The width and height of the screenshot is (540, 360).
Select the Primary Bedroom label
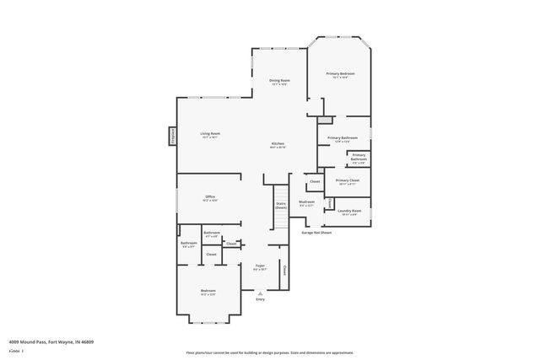click(340, 74)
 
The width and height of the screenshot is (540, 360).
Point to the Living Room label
click(210, 134)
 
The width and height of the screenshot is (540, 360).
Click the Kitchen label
click(278, 144)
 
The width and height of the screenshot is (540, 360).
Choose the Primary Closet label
click(347, 180)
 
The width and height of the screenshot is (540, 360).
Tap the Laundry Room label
click(349, 211)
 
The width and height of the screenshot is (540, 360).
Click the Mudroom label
click(306, 202)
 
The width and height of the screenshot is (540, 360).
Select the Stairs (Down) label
click(281, 205)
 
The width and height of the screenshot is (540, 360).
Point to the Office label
click(210, 197)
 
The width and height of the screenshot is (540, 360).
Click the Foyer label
click(260, 266)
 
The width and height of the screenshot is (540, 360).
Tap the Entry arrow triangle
click(260, 293)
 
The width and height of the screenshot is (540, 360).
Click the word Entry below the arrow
click(260, 299)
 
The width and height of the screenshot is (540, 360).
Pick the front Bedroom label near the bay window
click(208, 291)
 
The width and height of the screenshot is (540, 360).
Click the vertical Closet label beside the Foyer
click(285, 271)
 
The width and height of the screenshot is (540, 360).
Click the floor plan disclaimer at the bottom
click(270, 352)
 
